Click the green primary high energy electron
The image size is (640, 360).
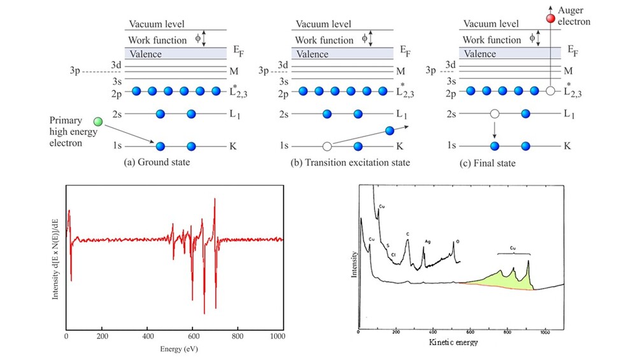pos(97,121)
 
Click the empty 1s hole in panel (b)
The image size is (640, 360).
pos(327,146)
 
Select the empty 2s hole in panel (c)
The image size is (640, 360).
pos(494,114)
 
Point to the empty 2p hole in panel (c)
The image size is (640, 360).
pos(551,91)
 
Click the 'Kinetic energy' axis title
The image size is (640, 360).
pos(453,343)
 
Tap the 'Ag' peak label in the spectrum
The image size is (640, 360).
pos(427,242)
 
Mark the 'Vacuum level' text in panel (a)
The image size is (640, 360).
pos(157,24)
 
